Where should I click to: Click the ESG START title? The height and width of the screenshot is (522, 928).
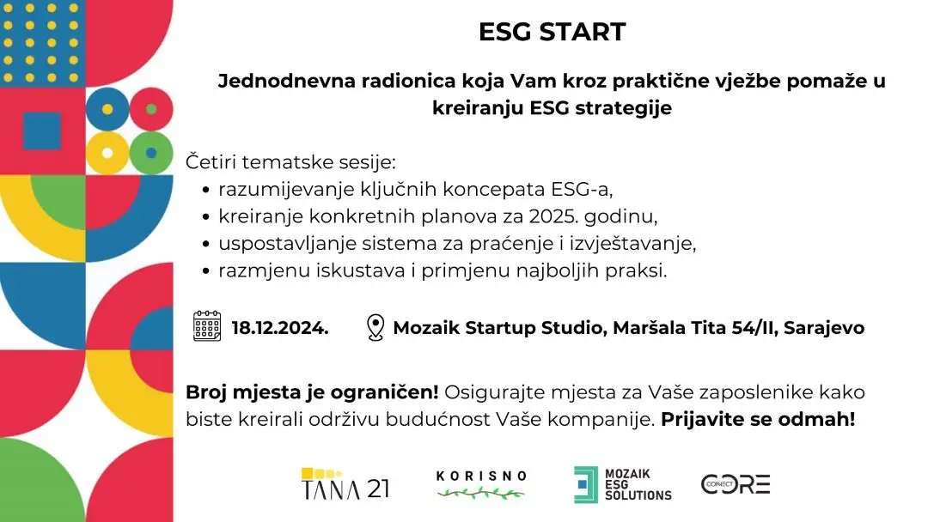click(552, 32)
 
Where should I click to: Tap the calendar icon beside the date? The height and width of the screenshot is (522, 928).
click(207, 327)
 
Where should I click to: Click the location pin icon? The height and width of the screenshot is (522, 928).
click(374, 327)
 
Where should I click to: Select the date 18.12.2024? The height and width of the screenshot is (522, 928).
click(280, 328)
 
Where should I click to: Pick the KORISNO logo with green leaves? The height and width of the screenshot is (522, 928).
click(481, 484)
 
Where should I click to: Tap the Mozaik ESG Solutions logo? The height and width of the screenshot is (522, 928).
click(623, 484)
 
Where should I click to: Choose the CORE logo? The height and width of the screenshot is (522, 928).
click(736, 483)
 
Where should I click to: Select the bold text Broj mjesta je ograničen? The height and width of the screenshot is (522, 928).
click(312, 392)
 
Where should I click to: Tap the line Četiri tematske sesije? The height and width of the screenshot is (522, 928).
click(290, 161)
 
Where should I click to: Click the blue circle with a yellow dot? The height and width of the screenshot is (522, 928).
click(107, 109)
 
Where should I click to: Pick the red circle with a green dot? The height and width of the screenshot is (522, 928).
click(151, 109)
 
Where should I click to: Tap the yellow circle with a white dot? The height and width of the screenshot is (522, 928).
click(107, 153)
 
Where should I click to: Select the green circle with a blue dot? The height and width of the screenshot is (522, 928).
click(151, 153)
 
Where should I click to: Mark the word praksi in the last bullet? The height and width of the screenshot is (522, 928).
click(640, 270)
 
